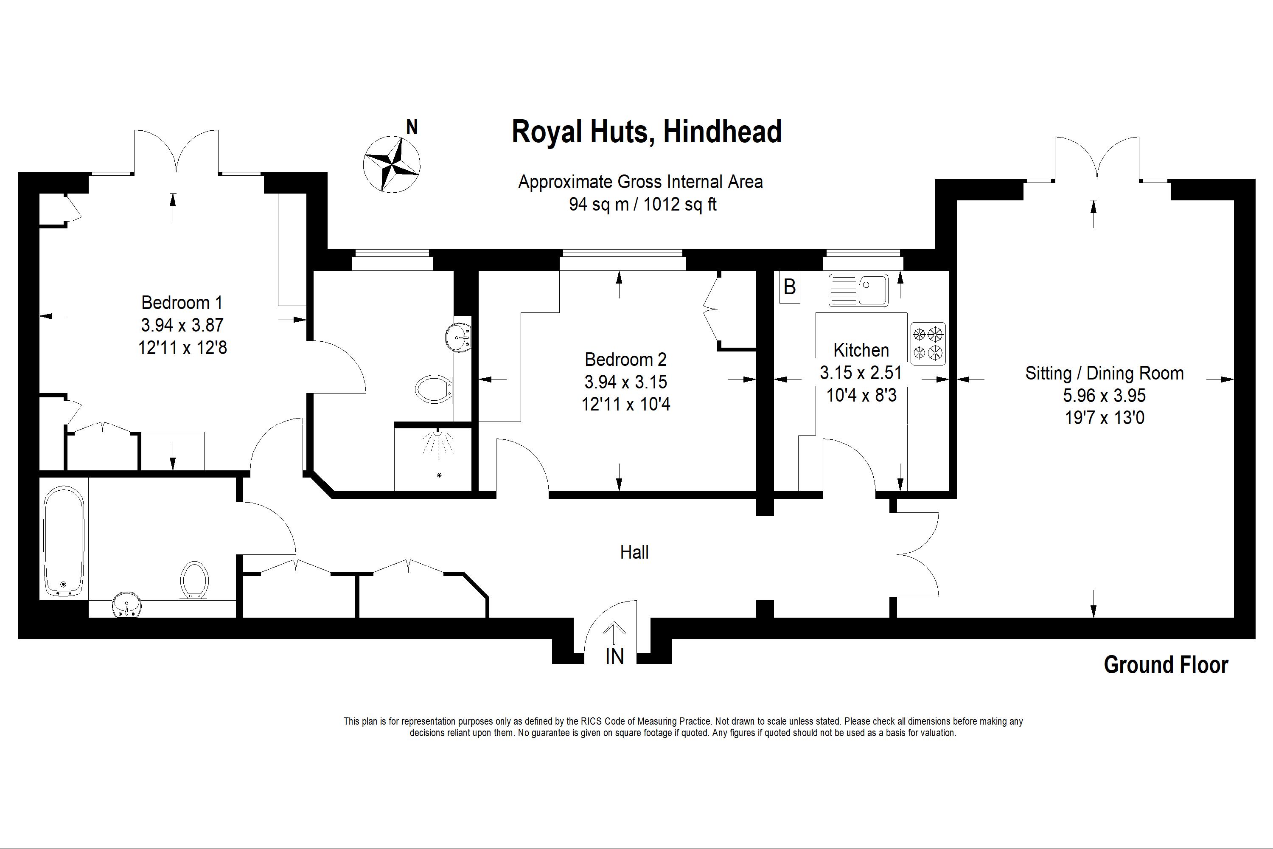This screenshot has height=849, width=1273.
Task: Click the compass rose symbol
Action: (391, 164)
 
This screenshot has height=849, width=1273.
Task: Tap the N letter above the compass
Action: (412, 127)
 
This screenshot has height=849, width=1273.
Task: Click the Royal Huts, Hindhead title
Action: (647, 132)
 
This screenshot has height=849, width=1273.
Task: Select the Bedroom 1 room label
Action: (182, 302)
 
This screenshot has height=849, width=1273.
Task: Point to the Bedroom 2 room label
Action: (625, 360)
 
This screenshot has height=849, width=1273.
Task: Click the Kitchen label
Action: (861, 350)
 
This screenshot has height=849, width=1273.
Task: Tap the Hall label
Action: (634, 552)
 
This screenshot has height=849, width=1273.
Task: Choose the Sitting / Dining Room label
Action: (1104, 373)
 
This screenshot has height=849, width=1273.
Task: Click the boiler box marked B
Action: (790, 287)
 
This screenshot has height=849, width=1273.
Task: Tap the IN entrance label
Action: (614, 657)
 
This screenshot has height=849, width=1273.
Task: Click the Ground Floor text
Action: (1166, 665)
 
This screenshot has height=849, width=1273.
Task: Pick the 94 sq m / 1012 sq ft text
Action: (642, 204)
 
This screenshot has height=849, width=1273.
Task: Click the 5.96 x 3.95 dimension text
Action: (1104, 396)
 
